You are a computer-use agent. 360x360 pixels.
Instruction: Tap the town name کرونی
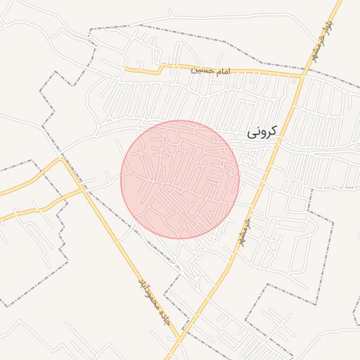click(x=262, y=131)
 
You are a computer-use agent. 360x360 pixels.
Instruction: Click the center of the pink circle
click(x=180, y=179)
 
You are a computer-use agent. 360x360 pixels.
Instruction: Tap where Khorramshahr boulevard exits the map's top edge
click(x=339, y=1)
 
